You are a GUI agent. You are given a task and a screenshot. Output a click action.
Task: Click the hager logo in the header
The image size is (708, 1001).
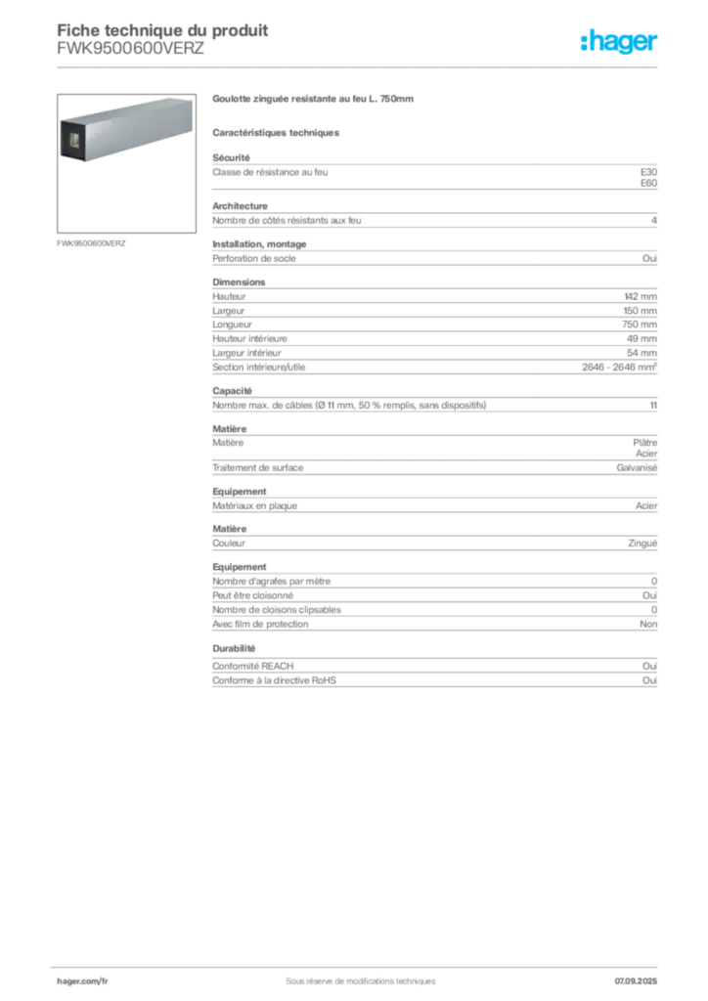(x=619, y=41)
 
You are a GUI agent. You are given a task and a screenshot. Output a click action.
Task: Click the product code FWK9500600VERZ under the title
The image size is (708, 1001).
(x=130, y=49)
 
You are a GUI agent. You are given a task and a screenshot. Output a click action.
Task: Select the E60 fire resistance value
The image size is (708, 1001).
(x=648, y=183)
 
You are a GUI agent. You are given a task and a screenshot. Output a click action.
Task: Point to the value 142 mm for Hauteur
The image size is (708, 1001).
(x=641, y=297)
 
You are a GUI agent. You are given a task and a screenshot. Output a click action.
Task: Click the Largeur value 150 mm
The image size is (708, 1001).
(x=640, y=311)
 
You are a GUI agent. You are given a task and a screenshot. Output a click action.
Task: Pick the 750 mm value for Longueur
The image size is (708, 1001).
(x=640, y=325)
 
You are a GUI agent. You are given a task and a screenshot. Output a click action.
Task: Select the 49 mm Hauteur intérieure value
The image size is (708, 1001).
(x=642, y=339)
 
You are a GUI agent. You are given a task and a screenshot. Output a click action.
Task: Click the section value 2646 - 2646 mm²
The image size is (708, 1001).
(x=619, y=368)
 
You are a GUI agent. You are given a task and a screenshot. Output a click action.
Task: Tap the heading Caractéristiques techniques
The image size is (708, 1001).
(x=276, y=133)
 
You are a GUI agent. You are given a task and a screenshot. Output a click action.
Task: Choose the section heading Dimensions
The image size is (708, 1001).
(x=239, y=283)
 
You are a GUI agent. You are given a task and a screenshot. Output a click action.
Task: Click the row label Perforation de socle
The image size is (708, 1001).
(x=254, y=258)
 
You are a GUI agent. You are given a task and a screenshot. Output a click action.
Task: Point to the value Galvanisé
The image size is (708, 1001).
(x=637, y=468)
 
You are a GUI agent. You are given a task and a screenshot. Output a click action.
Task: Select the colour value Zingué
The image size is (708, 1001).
(x=642, y=544)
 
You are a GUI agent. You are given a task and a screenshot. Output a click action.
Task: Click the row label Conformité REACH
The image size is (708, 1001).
(x=253, y=666)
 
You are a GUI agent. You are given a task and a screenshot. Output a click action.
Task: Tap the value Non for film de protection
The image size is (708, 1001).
(x=648, y=625)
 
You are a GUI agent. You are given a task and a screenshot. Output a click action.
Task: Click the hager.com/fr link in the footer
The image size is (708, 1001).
(x=82, y=981)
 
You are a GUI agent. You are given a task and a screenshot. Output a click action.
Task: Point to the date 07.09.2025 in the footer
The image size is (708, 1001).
(x=636, y=981)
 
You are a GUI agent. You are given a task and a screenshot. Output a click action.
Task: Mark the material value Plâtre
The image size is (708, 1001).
(x=644, y=443)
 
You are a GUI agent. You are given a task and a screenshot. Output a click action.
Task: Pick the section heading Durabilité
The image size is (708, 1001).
(x=234, y=649)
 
